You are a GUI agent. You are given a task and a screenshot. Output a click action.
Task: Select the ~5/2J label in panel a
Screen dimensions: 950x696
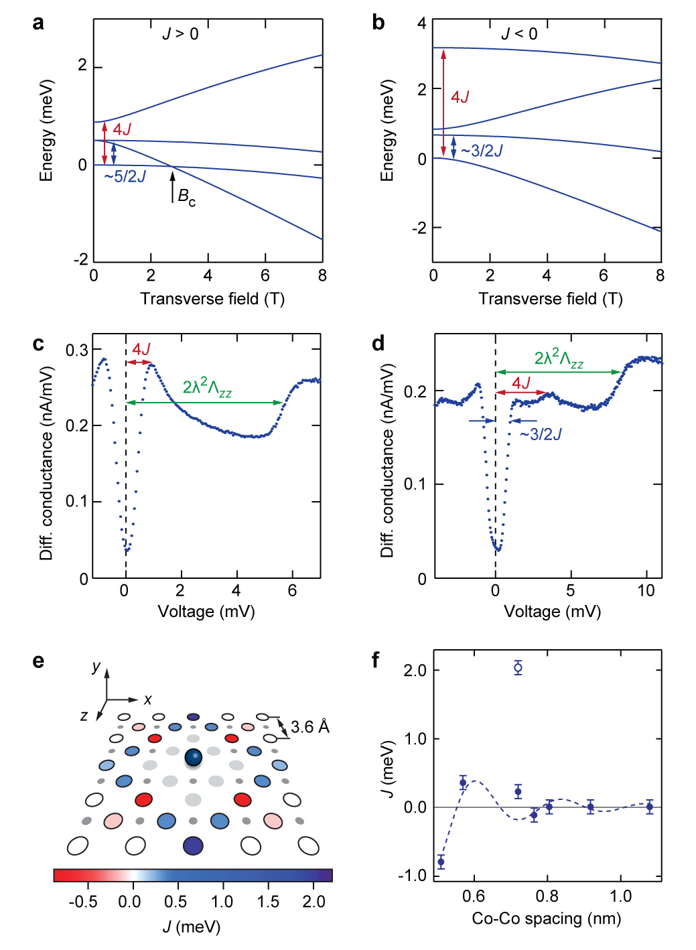pos(125,176)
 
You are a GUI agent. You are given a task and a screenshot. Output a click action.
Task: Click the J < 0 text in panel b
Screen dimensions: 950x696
pos(520,33)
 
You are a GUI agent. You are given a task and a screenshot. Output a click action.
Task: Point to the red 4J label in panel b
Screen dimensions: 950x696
pos(460,97)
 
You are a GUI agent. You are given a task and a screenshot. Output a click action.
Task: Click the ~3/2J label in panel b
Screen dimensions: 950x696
pos(482,151)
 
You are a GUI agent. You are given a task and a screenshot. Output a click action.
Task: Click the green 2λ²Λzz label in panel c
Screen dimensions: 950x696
pos(207,387)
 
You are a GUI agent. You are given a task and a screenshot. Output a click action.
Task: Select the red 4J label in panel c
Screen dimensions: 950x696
pos(141,349)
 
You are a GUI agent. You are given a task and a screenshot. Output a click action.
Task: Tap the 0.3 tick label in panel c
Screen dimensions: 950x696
pos(76,350)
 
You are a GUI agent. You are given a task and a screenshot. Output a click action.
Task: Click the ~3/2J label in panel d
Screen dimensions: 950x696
pos(541,435)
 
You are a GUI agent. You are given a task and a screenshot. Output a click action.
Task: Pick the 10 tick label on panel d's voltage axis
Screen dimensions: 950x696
pos(646,590)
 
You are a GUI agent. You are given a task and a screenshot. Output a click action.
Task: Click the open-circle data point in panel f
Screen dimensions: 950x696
pos(518,667)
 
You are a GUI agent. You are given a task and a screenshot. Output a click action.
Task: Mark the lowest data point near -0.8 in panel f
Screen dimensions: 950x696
pos(441,862)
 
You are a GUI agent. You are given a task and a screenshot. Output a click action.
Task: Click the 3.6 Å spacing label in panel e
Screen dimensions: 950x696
pos(310,727)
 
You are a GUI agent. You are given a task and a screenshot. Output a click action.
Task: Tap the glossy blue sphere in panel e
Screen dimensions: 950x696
pos(194,758)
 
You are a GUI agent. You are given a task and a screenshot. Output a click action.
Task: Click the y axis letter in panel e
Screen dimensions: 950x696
pos(96,667)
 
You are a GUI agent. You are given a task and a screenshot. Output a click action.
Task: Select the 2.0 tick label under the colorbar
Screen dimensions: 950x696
pos(314,902)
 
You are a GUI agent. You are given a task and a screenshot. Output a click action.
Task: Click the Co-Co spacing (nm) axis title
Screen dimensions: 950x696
pos(546,918)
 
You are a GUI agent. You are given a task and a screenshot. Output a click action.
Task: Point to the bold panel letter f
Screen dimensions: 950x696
pos(376,661)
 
